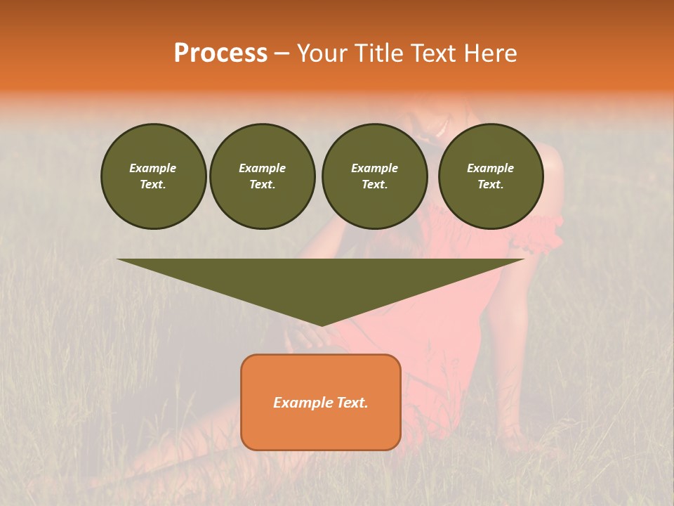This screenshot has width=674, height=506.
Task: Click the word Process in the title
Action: pyautogui.click(x=220, y=53)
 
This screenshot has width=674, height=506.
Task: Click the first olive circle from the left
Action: pyautogui.click(x=153, y=176)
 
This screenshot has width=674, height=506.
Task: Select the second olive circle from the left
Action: pyautogui.click(x=263, y=176)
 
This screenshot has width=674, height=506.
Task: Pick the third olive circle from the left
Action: pyautogui.click(x=375, y=176)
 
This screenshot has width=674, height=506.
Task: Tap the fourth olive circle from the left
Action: pyautogui.click(x=491, y=176)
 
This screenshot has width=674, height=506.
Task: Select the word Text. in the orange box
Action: pyautogui.click(x=351, y=403)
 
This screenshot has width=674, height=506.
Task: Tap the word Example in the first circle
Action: pyautogui.click(x=153, y=168)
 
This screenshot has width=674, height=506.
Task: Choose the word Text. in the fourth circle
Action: pyautogui.click(x=491, y=184)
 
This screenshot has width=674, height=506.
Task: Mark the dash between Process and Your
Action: pyautogui.click(x=282, y=53)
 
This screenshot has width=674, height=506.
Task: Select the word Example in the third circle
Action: pyautogui.click(x=375, y=168)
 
